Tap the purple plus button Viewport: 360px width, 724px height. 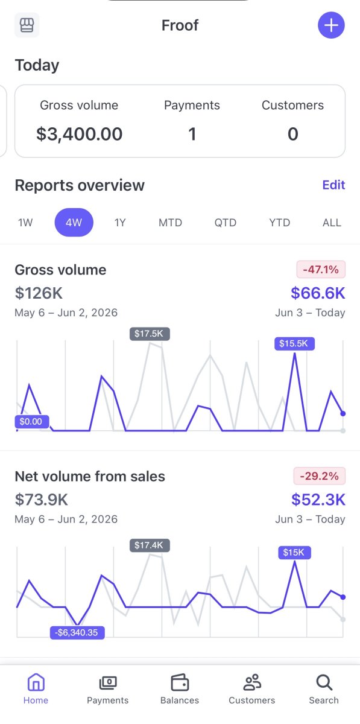point(331,25)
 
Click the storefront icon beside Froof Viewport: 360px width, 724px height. point(27,25)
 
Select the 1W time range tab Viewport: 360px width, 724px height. point(25,223)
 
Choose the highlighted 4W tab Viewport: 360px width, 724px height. point(74,223)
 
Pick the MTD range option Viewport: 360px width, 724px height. point(170,223)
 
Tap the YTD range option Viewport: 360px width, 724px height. point(280,223)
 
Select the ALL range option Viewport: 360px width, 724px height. point(332,223)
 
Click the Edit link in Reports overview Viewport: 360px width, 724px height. point(334,185)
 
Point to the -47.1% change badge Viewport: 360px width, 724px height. point(321,269)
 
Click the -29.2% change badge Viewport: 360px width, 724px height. point(320,476)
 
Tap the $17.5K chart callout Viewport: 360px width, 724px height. point(150,334)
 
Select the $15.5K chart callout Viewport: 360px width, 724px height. point(294,343)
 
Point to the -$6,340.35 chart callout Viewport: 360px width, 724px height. point(77,632)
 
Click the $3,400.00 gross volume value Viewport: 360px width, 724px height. point(79,134)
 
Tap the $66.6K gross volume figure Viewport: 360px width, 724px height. point(318,293)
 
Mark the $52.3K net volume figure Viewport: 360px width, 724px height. point(318,500)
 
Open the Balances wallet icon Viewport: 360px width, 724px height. point(180,682)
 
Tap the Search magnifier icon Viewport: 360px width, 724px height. point(324,682)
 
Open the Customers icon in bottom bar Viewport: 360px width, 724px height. point(252,682)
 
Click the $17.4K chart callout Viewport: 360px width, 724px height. point(150,545)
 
